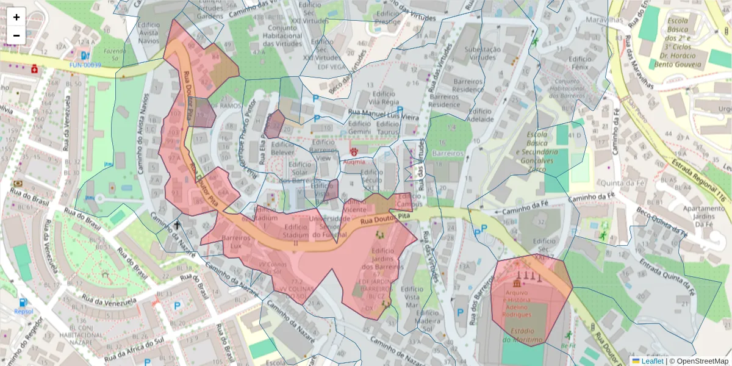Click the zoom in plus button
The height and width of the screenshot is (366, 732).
tap(16, 17)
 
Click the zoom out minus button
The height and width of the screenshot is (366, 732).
tap(16, 35)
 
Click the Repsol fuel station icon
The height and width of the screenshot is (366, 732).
tap(23, 302)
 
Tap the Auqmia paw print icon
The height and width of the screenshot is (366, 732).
tap(354, 150)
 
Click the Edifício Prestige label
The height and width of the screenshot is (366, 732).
tap(388, 17)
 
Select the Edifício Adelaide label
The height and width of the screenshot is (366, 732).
tap(480, 115)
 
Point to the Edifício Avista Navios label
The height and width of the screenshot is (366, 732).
tap(149, 32)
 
